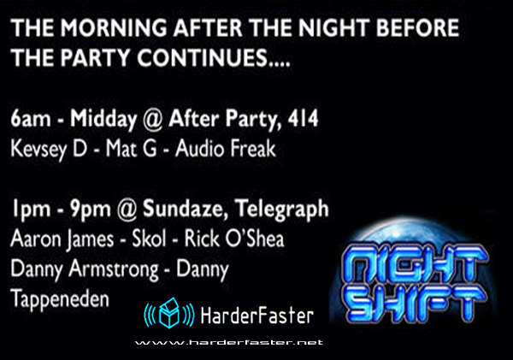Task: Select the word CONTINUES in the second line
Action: tap(202, 57)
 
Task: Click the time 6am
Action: tap(31, 119)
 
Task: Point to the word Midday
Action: tap(103, 119)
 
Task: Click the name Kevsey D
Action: tap(49, 150)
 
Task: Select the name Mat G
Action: tap(131, 149)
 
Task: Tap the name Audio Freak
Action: tap(226, 149)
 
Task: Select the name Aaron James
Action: tap(62, 239)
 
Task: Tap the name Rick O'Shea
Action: tap(234, 239)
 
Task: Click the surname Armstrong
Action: tap(114, 269)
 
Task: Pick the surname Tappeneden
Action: tap(60, 299)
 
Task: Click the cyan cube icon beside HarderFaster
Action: tap(169, 313)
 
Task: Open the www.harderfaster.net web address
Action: tap(229, 343)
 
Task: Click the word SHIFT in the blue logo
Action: tap(415, 302)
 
